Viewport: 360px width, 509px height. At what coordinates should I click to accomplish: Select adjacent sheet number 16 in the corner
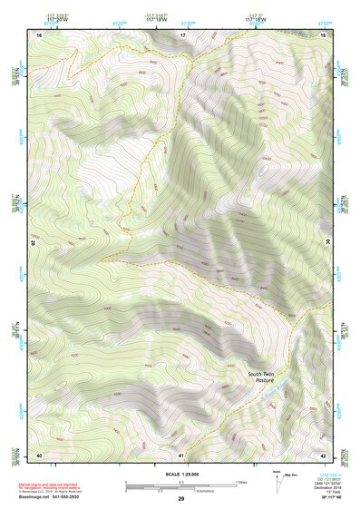[x=40, y=34]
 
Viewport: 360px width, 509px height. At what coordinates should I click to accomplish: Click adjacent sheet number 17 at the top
[x=181, y=34]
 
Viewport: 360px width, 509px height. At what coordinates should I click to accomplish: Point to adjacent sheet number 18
[x=324, y=34]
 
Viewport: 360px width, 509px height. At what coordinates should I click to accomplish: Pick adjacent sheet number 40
[x=39, y=454]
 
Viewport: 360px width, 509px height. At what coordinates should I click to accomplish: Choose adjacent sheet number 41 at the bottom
[x=181, y=454]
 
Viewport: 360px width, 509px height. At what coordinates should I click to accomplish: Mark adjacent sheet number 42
[x=324, y=454]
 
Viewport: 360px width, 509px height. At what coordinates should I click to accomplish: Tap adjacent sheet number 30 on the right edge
[x=326, y=243]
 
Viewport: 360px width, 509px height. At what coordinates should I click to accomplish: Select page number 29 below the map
[x=181, y=499]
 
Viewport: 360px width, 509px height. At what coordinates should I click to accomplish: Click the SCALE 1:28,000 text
[x=181, y=474]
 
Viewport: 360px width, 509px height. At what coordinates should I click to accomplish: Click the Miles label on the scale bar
[x=240, y=482]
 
